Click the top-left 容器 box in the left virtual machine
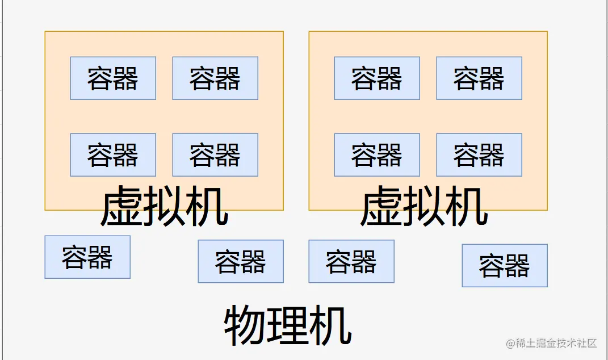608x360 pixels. [113, 78]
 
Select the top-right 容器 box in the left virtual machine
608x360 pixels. [215, 78]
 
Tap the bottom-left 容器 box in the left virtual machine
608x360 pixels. [113, 155]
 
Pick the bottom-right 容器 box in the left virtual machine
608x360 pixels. [215, 155]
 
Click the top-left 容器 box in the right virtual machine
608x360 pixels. [377, 78]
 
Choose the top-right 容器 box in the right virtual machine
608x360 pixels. [479, 78]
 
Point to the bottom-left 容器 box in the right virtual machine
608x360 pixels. [377, 155]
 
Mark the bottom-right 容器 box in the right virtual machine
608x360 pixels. [479, 155]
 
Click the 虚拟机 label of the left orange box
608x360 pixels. [165, 207]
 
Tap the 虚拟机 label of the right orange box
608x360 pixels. [424, 207]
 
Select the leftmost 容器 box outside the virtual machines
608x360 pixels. [87, 257]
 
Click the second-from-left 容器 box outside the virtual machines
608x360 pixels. [241, 261]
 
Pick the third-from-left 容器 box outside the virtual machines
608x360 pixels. [351, 261]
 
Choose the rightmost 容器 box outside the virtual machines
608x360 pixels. [505, 265]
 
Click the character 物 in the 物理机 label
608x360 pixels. [245, 325]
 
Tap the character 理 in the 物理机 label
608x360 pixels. [288, 325]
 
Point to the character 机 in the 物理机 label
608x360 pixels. [330, 325]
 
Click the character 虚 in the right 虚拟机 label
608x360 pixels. [381, 207]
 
